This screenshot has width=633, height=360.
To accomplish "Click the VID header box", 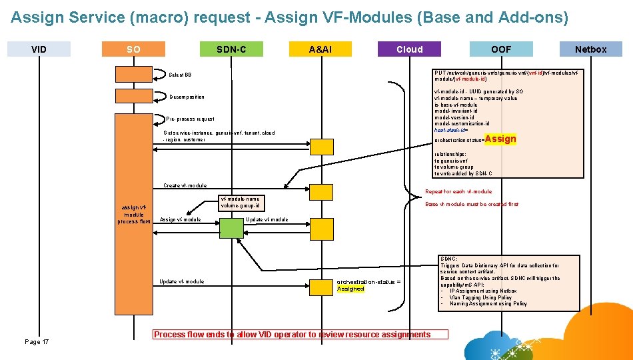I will (x=39, y=49).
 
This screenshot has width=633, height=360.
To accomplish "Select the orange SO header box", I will (x=134, y=49).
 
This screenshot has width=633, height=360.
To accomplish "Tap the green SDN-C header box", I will (x=231, y=49).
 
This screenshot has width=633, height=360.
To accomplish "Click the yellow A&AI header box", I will (x=320, y=49).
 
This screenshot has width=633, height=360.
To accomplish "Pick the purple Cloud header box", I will (x=409, y=49).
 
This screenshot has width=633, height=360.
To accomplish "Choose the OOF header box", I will (x=501, y=49).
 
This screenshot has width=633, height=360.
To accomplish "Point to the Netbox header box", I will (x=590, y=49).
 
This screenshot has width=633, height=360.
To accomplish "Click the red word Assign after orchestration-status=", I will (x=500, y=139).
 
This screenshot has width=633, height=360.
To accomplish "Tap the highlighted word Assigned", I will (x=350, y=289).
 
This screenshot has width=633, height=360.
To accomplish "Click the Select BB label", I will (x=180, y=75).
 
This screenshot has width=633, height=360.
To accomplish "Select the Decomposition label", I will (x=187, y=97).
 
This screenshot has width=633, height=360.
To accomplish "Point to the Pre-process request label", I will (x=191, y=119).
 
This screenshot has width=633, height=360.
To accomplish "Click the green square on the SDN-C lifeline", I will (x=232, y=229).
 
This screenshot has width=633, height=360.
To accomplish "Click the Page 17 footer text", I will (x=37, y=341).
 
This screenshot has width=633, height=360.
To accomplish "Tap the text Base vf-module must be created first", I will (x=471, y=204).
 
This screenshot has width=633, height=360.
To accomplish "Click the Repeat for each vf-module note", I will (x=458, y=191).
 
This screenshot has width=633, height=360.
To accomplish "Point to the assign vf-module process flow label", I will (x=133, y=214).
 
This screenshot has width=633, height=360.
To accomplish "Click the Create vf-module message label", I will (x=185, y=185).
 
